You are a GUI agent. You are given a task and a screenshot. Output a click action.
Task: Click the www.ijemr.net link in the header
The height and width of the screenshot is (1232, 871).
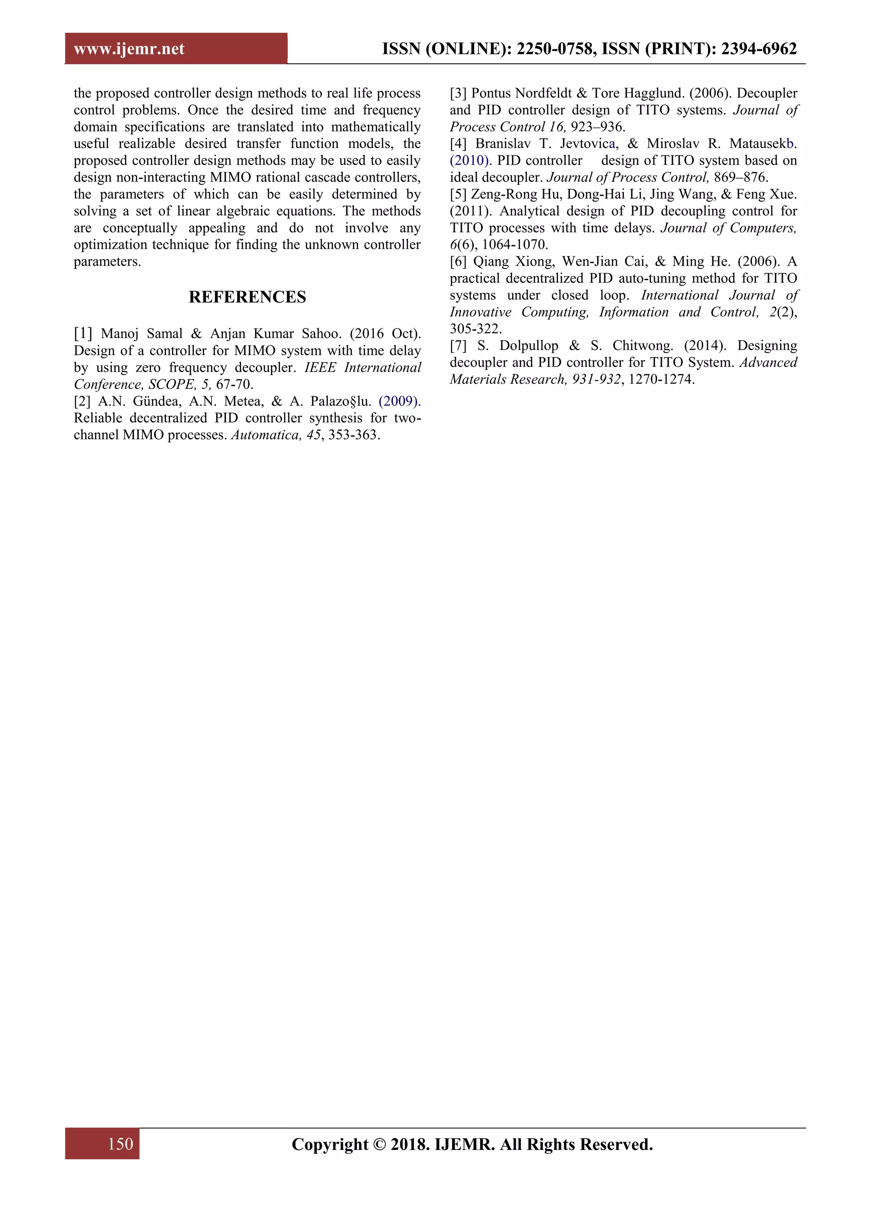129,49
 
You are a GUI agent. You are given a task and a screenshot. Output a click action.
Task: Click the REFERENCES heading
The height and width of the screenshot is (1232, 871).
247,297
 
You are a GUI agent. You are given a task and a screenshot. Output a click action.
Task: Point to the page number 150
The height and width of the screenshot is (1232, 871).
120,1143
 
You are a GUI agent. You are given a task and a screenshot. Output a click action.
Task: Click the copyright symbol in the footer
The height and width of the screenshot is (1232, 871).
379,1144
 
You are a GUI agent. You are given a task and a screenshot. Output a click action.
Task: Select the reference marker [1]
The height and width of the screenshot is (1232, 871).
83,334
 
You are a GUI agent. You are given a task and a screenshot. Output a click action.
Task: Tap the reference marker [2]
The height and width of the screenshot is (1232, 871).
83,401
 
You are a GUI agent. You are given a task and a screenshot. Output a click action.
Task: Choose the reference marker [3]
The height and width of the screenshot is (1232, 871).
458,93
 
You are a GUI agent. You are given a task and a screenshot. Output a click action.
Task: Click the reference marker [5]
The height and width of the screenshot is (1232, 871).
458,194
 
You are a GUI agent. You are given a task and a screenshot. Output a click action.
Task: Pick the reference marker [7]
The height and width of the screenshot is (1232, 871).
458,346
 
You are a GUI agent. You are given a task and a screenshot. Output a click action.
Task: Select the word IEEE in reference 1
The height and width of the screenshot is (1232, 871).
320,368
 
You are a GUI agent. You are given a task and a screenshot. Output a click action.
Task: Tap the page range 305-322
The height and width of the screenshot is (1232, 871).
475,329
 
